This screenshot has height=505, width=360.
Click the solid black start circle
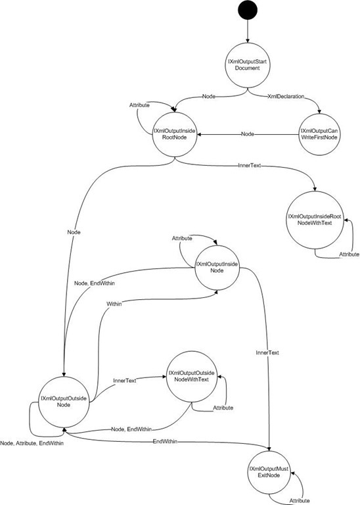click(248, 11)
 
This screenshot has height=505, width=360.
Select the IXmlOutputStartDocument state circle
click(248, 65)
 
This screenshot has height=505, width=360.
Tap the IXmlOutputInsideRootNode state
click(174, 134)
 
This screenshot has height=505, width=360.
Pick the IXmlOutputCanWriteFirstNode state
click(319, 134)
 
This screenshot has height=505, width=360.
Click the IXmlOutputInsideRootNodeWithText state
click(315, 220)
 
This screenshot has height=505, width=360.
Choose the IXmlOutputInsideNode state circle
click(217, 268)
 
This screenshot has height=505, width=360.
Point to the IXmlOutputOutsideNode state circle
click(64, 402)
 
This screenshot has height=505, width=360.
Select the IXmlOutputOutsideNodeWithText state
click(191, 376)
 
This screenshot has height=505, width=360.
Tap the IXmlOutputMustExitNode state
click(269, 472)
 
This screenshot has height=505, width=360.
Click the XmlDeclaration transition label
click(286, 96)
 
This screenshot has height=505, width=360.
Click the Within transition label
click(114, 304)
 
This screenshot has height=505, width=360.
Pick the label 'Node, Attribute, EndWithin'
click(32, 443)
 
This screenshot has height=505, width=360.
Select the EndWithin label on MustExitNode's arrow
click(165, 441)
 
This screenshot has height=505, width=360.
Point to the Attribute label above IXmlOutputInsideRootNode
click(139, 105)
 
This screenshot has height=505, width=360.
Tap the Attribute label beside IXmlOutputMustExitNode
click(300, 500)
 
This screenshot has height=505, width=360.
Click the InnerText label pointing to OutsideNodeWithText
click(125, 380)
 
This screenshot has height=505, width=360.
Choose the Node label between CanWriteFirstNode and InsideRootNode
click(248, 133)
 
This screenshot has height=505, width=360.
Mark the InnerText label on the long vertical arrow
click(267, 352)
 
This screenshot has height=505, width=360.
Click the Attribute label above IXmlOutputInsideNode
click(182, 238)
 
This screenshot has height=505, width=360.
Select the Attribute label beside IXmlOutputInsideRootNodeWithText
click(349, 254)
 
